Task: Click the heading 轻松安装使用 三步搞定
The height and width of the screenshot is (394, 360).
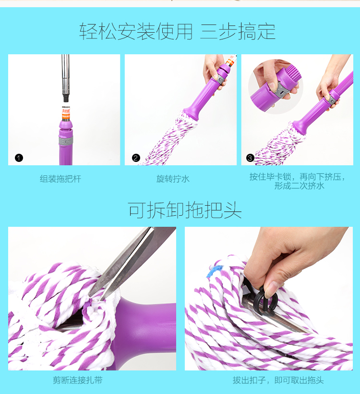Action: point(178,31)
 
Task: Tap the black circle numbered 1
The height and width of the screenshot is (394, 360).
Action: point(19,158)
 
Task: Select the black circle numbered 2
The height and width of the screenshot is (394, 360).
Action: point(136,158)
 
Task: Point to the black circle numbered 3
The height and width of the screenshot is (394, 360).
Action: point(250,158)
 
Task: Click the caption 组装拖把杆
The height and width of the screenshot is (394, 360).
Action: point(60,179)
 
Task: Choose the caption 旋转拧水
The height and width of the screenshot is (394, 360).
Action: point(173,179)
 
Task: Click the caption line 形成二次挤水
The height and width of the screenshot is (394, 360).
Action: point(299,186)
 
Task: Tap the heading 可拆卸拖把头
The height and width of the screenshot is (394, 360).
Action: point(185,210)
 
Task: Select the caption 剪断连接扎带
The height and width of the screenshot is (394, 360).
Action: point(78,380)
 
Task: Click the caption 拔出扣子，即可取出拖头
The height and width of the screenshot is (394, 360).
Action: point(278,380)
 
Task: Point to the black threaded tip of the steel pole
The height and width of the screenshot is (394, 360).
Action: point(66,98)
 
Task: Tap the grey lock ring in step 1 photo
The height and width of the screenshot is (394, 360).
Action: point(66,141)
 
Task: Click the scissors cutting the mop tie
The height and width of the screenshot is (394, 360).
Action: point(131,261)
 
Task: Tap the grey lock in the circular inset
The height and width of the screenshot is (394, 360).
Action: point(281,90)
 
